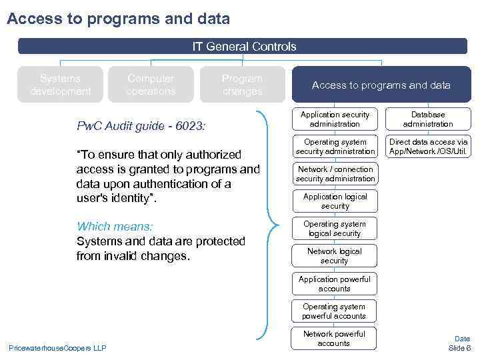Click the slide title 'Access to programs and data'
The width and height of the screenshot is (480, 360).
point(118,19)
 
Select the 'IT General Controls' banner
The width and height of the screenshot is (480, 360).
point(243,47)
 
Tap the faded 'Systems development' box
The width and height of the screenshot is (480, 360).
point(60,85)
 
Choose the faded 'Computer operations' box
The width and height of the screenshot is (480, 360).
point(151,85)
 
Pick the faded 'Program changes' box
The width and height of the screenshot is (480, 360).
point(242,85)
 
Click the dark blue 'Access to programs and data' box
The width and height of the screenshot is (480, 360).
point(381,85)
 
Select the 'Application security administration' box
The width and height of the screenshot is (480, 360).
point(335,119)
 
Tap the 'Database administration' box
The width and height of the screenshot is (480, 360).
point(428,119)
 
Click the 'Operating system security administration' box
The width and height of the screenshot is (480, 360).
point(335,147)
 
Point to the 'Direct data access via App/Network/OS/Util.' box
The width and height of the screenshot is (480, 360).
point(428,147)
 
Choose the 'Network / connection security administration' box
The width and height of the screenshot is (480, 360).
point(335,174)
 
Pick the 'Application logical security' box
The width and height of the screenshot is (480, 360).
point(335,201)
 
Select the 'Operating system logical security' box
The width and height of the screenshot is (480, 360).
point(335,229)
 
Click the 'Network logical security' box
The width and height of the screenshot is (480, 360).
point(335,256)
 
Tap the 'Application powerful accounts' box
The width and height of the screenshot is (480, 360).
point(335,284)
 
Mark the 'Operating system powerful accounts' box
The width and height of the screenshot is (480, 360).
point(335,311)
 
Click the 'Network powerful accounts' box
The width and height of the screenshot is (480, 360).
point(335,339)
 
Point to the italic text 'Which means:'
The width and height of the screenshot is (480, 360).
point(115,227)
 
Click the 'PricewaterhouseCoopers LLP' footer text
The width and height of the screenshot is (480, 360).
point(57,347)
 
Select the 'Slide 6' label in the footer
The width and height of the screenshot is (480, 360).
point(459,348)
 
